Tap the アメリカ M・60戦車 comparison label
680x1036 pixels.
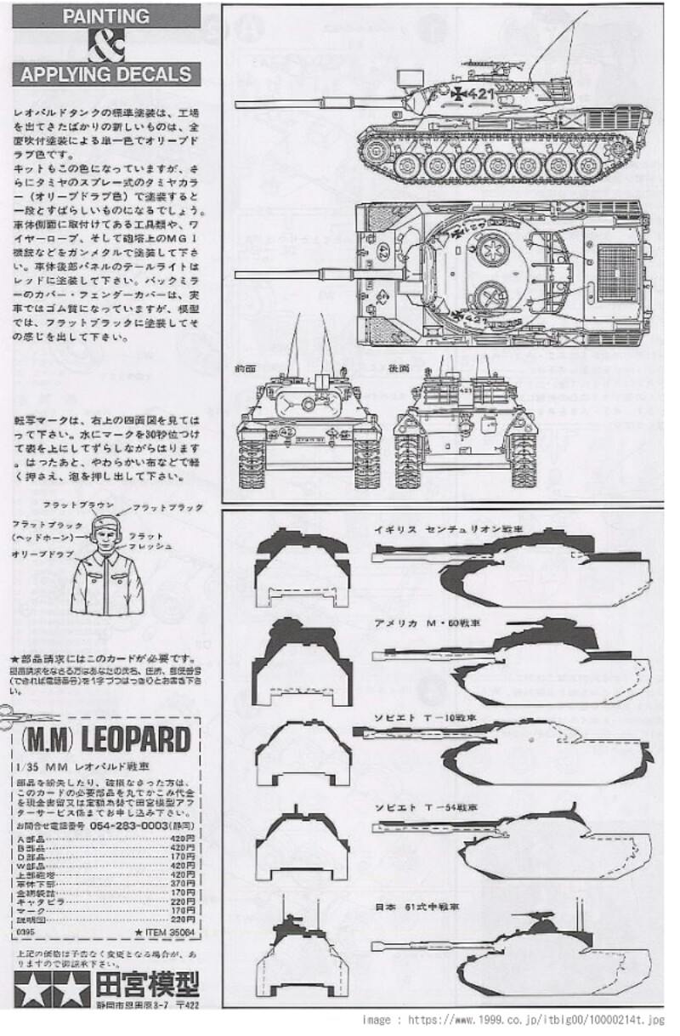(425, 623)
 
